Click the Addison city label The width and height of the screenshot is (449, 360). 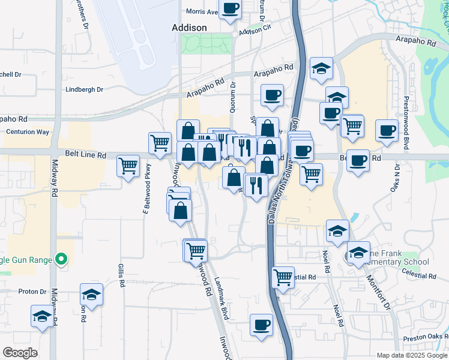(x=189, y=28)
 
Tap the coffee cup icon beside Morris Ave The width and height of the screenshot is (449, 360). (x=231, y=8)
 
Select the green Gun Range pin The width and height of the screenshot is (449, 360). (x=61, y=260)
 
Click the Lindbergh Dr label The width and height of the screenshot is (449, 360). (x=84, y=89)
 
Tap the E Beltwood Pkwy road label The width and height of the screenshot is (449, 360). (x=145, y=196)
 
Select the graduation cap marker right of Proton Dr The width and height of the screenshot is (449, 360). (x=91, y=295)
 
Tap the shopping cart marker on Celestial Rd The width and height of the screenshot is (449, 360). (x=283, y=277)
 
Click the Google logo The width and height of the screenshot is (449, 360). (x=20, y=353)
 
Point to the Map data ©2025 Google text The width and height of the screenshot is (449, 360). (x=411, y=355)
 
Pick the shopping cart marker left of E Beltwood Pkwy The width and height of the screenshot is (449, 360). (x=128, y=165)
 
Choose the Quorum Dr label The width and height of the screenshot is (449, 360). (x=233, y=96)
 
